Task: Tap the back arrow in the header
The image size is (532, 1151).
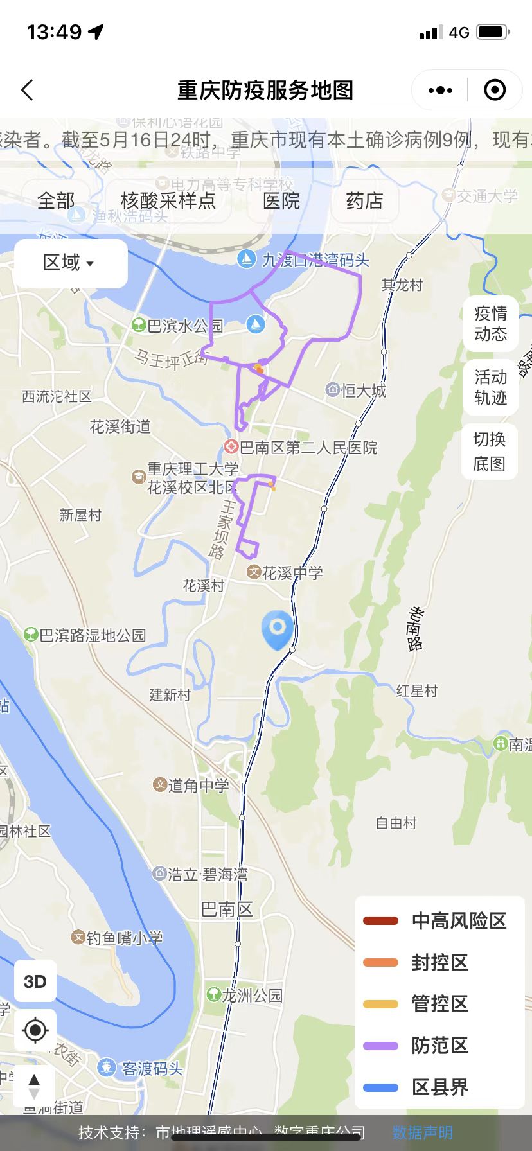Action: (27, 90)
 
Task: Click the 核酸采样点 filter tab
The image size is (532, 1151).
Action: (168, 201)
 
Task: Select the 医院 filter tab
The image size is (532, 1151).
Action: (281, 201)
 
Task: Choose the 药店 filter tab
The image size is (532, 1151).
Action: (364, 201)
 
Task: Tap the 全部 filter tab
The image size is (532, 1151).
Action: (56, 201)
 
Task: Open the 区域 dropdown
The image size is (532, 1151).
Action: (69, 263)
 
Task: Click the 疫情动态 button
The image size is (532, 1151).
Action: (490, 324)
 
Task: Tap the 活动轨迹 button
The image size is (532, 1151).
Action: (490, 387)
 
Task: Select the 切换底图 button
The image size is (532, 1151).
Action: (490, 452)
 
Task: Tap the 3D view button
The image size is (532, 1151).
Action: (35, 981)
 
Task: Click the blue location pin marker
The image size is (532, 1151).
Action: (278, 628)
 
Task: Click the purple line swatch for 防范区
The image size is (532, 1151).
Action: (380, 1046)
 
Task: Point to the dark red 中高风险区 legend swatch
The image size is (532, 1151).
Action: (380, 921)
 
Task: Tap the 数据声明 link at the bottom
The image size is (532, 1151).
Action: (422, 1133)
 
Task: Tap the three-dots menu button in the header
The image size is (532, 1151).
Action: (440, 91)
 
